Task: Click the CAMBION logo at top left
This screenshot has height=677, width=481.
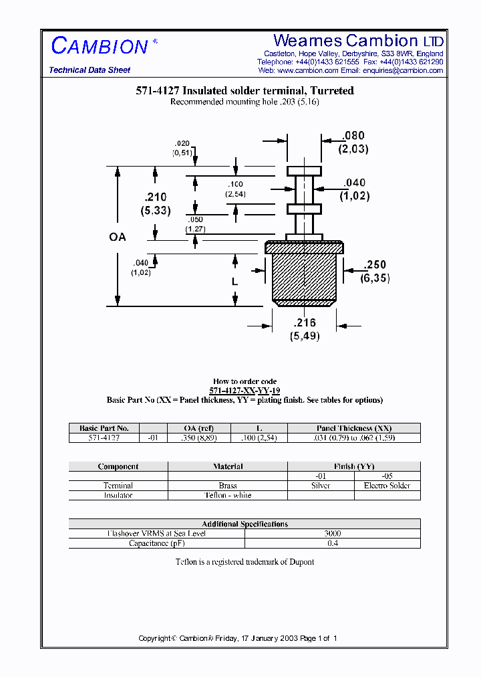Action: (x=100, y=45)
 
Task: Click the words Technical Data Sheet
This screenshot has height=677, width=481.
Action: (x=90, y=70)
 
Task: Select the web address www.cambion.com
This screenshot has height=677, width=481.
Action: (x=308, y=70)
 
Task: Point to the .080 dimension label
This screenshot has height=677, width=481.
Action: (x=353, y=136)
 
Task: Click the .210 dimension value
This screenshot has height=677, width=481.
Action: (x=156, y=197)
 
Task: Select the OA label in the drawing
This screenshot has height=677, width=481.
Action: (x=118, y=237)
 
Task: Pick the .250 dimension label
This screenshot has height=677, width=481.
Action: (x=375, y=265)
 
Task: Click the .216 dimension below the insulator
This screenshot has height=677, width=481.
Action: (x=304, y=323)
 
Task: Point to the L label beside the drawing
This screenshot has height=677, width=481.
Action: (x=234, y=282)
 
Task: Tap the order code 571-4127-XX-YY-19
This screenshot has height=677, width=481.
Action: (x=245, y=391)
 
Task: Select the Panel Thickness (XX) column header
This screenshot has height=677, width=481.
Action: (x=354, y=428)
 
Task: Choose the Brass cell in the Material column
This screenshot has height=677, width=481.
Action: (x=228, y=486)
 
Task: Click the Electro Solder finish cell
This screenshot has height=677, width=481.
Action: (x=387, y=486)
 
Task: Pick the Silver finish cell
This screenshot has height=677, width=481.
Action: (x=321, y=486)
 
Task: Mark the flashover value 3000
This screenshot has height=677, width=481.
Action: (x=332, y=534)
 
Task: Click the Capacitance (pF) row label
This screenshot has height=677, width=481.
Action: (x=157, y=543)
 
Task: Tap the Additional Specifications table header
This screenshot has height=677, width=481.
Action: (x=245, y=524)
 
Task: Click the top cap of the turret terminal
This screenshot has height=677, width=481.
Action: (x=304, y=171)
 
